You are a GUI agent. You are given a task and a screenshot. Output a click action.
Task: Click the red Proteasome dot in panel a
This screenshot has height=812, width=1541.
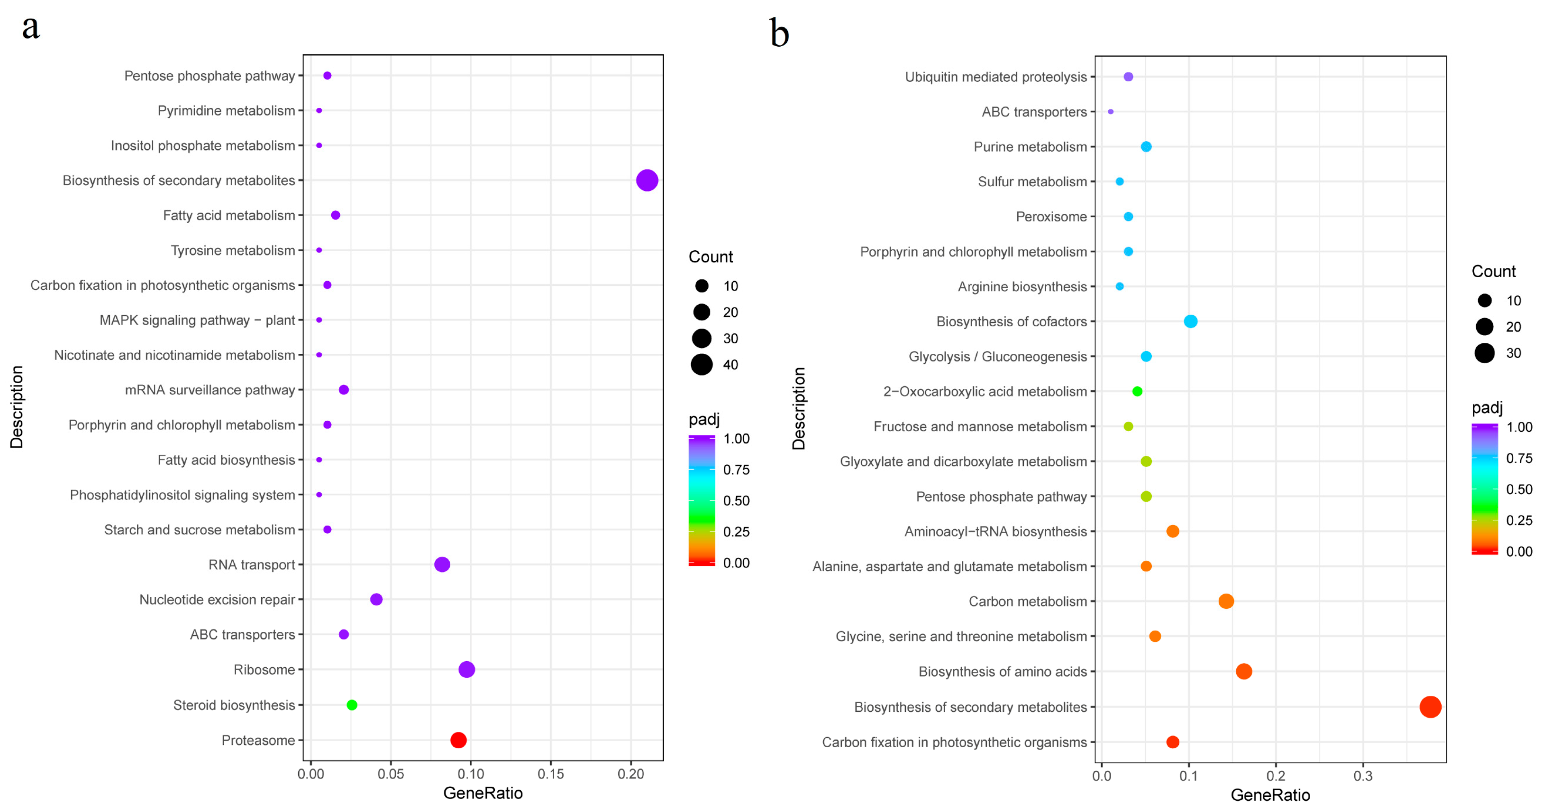point(458,740)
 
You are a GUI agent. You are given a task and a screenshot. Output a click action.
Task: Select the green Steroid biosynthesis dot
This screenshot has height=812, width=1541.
point(352,705)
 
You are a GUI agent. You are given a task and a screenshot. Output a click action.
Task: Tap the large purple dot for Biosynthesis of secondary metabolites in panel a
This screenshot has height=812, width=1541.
point(647,180)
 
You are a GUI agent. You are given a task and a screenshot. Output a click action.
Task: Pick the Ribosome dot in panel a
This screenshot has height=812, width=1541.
point(467,669)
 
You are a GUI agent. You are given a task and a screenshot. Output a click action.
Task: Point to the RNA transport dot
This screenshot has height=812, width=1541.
point(442,564)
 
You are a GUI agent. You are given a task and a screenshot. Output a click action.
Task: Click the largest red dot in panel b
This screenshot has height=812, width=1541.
point(1430,707)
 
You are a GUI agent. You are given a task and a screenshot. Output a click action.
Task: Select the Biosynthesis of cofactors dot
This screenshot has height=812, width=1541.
point(1190,321)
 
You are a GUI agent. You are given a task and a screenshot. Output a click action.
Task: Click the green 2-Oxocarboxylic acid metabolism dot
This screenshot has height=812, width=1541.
point(1137,391)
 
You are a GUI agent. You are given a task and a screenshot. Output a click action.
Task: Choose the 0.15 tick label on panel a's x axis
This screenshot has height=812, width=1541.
point(550,774)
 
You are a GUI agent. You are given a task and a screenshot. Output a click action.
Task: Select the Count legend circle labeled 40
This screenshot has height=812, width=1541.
point(702,364)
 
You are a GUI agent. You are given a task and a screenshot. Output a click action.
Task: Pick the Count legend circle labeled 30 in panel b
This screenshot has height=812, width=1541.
point(1484,353)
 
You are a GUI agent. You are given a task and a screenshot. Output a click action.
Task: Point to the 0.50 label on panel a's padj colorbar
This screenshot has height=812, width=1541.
point(736,501)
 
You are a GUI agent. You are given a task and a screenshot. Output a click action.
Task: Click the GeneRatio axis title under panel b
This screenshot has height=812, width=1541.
point(1270,795)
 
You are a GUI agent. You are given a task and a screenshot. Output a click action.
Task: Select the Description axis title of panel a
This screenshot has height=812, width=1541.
point(17,407)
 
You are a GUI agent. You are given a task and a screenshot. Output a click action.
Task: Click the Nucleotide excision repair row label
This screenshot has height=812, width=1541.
point(217,599)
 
